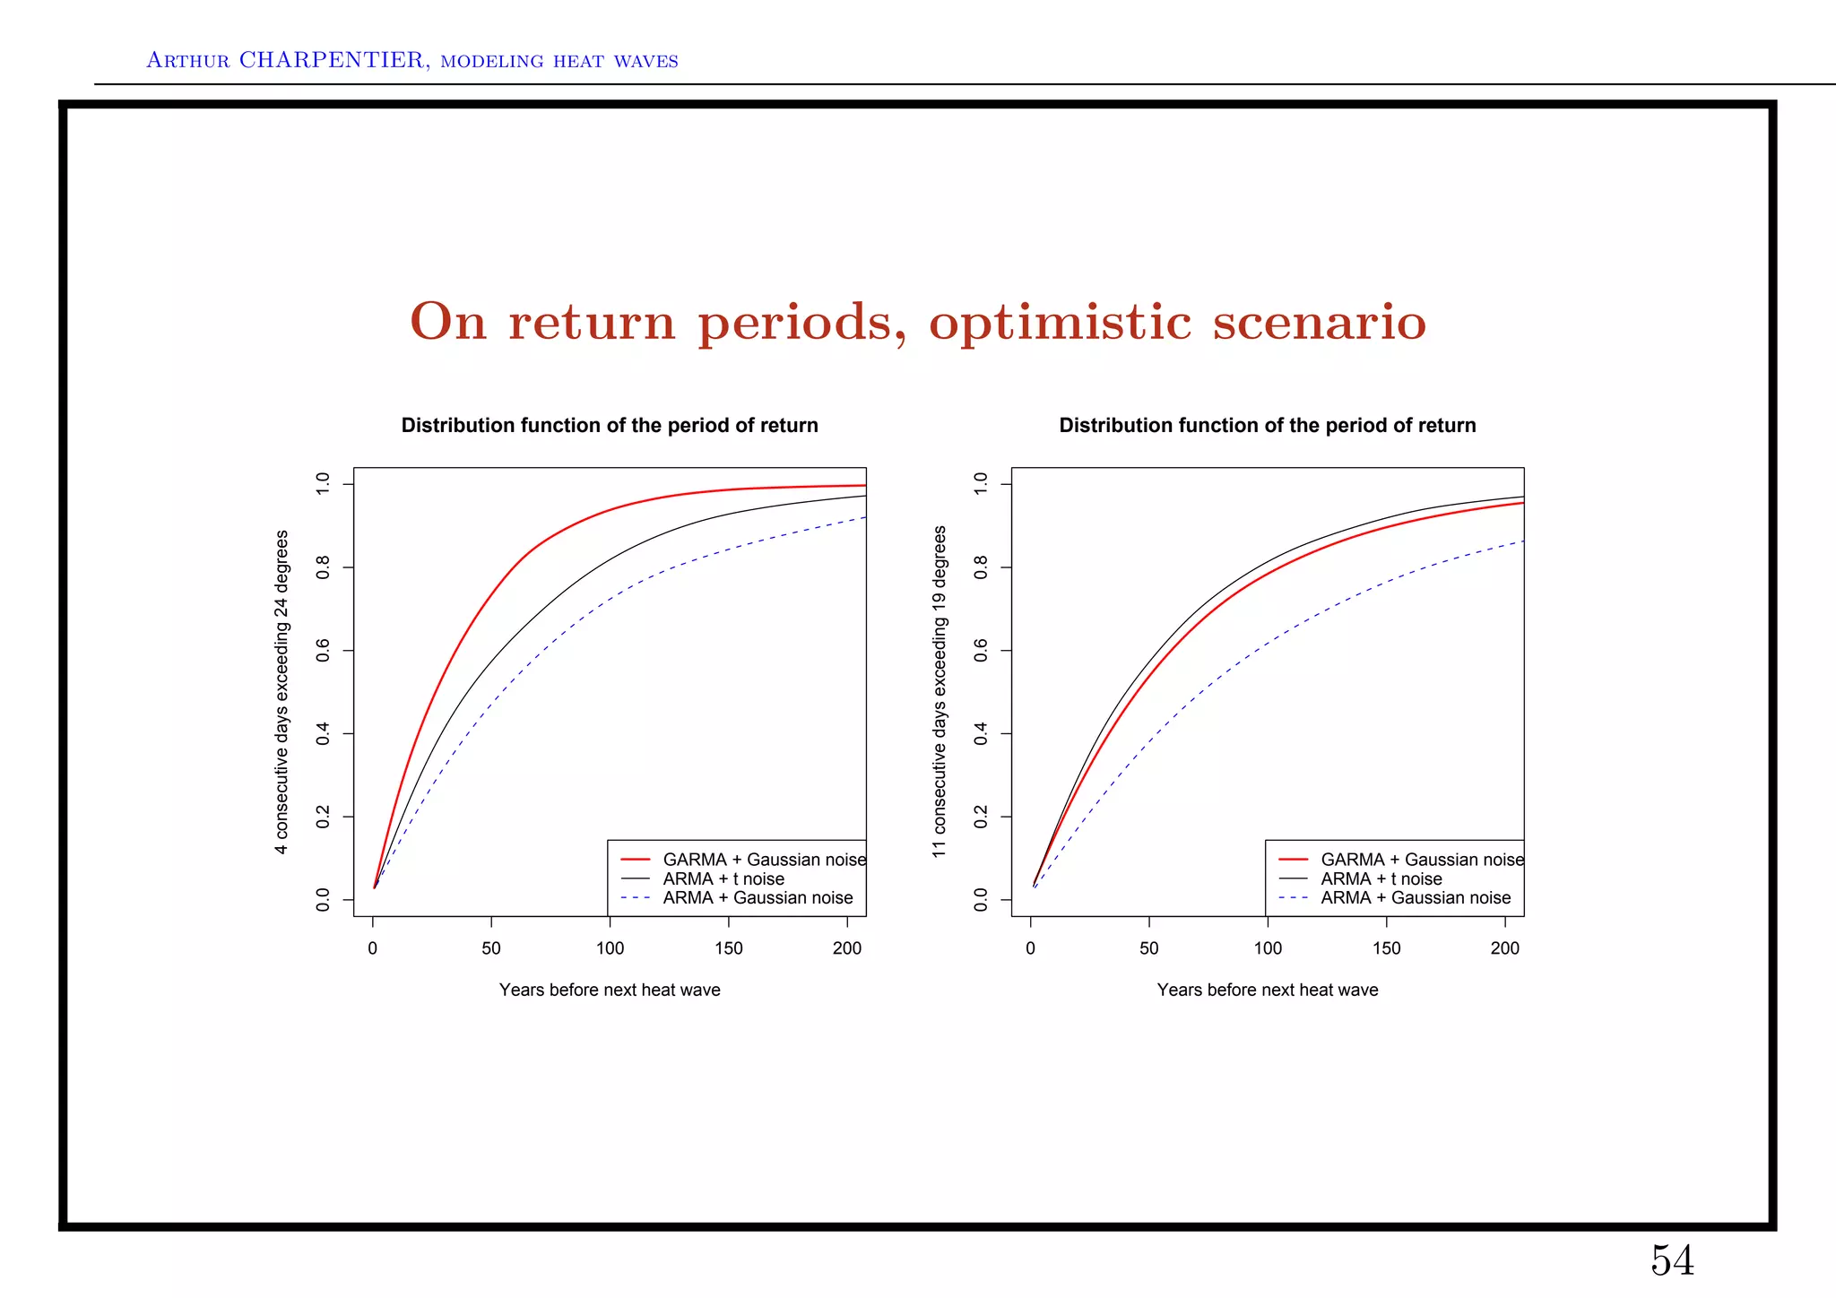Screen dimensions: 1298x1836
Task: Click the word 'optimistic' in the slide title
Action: click(x=1061, y=323)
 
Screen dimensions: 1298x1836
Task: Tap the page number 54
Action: click(x=1672, y=1260)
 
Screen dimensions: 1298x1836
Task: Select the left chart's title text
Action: click(x=610, y=425)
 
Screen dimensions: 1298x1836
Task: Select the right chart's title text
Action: click(x=1267, y=425)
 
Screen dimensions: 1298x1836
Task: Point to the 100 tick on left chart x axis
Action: click(x=610, y=948)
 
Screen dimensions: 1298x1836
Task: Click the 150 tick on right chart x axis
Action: click(x=1386, y=948)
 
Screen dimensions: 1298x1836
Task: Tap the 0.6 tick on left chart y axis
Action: click(x=324, y=651)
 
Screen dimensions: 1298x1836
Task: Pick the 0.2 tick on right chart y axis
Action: click(x=981, y=817)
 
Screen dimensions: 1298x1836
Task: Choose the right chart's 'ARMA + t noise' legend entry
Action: click(x=1381, y=879)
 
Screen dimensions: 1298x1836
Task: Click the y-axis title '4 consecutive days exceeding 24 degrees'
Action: click(x=282, y=691)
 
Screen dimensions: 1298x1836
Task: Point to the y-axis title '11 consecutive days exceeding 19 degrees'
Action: click(x=940, y=691)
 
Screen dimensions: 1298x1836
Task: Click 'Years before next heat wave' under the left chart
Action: click(x=610, y=990)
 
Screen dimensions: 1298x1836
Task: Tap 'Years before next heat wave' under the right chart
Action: click(x=1267, y=990)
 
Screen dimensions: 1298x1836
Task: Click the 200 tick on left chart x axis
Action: click(x=847, y=948)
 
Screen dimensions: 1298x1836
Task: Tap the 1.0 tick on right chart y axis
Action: click(x=981, y=484)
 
